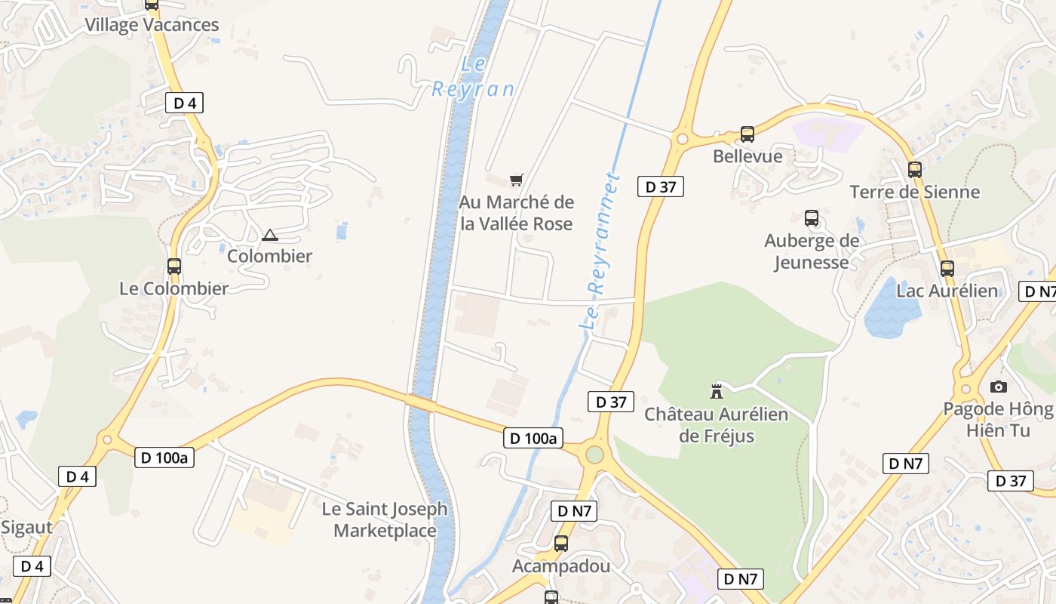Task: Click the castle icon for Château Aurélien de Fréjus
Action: pyautogui.click(x=717, y=391)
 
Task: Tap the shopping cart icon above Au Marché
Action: pyautogui.click(x=516, y=180)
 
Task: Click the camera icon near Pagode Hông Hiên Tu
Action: pyautogui.click(x=999, y=387)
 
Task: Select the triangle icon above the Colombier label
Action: pyautogui.click(x=270, y=235)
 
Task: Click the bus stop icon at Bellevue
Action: pyautogui.click(x=747, y=134)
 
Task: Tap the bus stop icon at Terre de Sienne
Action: pyautogui.click(x=915, y=169)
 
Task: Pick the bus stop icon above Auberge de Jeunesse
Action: pyautogui.click(x=812, y=218)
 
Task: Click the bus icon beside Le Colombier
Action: pyautogui.click(x=174, y=266)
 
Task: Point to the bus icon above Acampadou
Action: pyautogui.click(x=560, y=543)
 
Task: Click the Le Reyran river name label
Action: pyautogui.click(x=473, y=77)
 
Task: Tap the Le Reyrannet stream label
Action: pyautogui.click(x=600, y=253)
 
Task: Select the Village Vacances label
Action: pyautogui.click(x=152, y=25)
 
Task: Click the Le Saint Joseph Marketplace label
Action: pyautogui.click(x=385, y=519)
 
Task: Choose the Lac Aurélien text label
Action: pyautogui.click(x=947, y=291)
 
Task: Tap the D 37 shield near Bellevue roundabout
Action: pyautogui.click(x=661, y=186)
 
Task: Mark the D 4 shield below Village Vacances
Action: pyautogui.click(x=184, y=103)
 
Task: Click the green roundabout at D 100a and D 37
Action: pyautogui.click(x=595, y=455)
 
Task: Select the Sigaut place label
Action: pyautogui.click(x=26, y=527)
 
